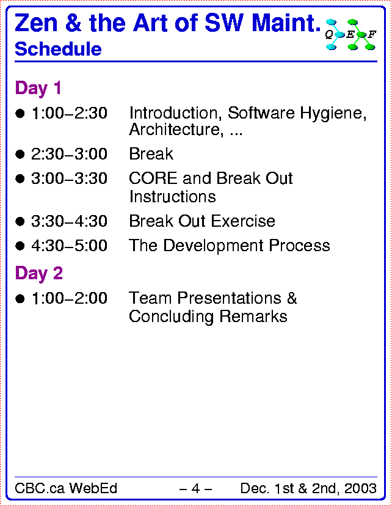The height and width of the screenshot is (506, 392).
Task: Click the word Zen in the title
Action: pyautogui.click(x=36, y=23)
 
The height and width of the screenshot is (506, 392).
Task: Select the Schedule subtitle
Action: pyautogui.click(x=59, y=49)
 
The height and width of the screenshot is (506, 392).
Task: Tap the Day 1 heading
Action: pyautogui.click(x=38, y=88)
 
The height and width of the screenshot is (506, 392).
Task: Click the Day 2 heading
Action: pyautogui.click(x=38, y=273)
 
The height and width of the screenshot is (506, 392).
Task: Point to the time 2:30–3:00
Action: pyautogui.click(x=70, y=153)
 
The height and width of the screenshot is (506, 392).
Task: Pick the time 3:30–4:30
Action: pyautogui.click(x=70, y=221)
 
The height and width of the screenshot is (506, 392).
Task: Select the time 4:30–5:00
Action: pyautogui.click(x=70, y=246)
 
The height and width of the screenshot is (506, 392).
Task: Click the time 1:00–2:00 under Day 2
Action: pyautogui.click(x=70, y=298)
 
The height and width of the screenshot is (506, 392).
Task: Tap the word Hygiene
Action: pyautogui.click(x=333, y=114)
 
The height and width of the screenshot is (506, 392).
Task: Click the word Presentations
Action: pyautogui.click(x=230, y=298)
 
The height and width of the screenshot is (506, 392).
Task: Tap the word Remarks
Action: pyautogui.click(x=253, y=317)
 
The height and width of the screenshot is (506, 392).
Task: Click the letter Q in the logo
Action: pyautogui.click(x=329, y=35)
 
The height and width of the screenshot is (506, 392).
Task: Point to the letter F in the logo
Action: pyautogui.click(x=372, y=34)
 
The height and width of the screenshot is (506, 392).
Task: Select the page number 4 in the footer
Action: pyautogui.click(x=195, y=488)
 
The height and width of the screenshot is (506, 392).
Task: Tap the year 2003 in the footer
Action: pyautogui.click(x=360, y=488)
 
